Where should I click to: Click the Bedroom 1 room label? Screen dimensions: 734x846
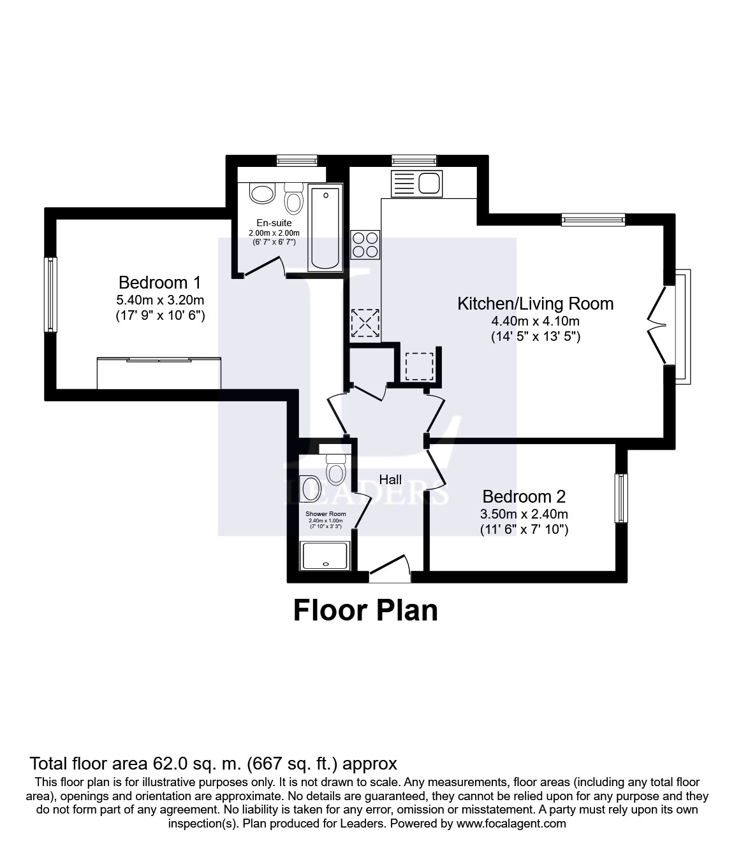pos(160,282)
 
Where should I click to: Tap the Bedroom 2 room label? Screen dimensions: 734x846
pos(524,496)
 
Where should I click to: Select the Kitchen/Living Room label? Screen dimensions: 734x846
pos(535,304)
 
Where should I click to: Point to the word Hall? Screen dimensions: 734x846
pos(390,480)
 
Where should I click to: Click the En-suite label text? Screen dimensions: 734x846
pos(274,223)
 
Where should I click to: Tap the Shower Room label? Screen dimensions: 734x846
pos(325,513)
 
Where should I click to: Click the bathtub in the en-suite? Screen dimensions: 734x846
pos(325,227)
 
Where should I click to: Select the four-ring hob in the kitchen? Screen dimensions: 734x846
pos(365,245)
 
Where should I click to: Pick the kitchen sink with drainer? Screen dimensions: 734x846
pos(417,183)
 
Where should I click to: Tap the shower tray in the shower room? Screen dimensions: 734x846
pos(325,556)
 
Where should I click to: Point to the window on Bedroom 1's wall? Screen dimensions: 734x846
pos(50,294)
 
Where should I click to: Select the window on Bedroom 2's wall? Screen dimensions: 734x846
pos(621,498)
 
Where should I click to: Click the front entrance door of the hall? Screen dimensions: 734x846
pos(390,569)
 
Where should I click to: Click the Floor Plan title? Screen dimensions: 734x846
pos(365,610)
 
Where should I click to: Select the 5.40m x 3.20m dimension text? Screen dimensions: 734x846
pos(160,300)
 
